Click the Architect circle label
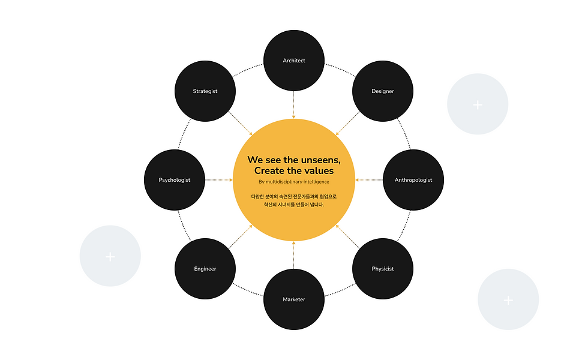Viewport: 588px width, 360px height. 294,61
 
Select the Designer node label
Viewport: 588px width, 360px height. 383,91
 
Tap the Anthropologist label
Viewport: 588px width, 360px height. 413,180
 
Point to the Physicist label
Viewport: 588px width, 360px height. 383,269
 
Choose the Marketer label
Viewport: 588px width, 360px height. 294,299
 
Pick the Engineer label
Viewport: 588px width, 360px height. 205,269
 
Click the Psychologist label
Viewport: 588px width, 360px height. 175,180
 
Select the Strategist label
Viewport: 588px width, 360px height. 205,91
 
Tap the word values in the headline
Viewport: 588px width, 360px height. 316,171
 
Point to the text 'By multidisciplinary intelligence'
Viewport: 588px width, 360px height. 294,182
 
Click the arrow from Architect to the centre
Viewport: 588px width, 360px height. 294,104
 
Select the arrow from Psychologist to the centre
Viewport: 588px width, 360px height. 218,180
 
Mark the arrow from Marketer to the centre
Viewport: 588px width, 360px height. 294,256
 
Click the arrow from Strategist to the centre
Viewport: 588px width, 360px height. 241,124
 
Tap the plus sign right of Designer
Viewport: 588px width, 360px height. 478,105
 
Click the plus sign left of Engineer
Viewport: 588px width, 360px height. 110,257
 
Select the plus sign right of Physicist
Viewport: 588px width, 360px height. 508,300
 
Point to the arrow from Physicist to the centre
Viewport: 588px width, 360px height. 347,235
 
